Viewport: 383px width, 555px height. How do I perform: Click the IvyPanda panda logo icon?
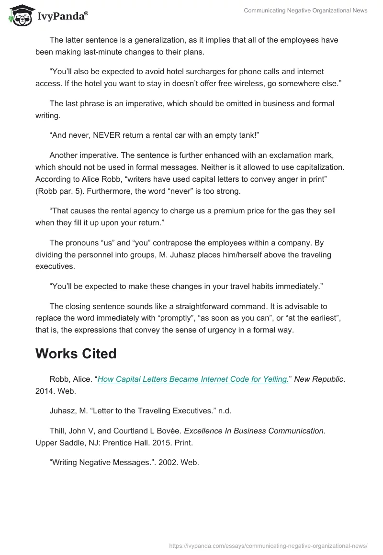[19, 16]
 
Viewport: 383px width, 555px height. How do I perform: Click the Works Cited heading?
[76, 354]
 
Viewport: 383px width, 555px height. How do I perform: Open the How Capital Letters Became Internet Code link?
[193, 379]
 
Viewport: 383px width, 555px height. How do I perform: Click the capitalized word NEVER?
[108, 135]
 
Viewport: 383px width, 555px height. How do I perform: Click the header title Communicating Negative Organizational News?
[305, 11]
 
